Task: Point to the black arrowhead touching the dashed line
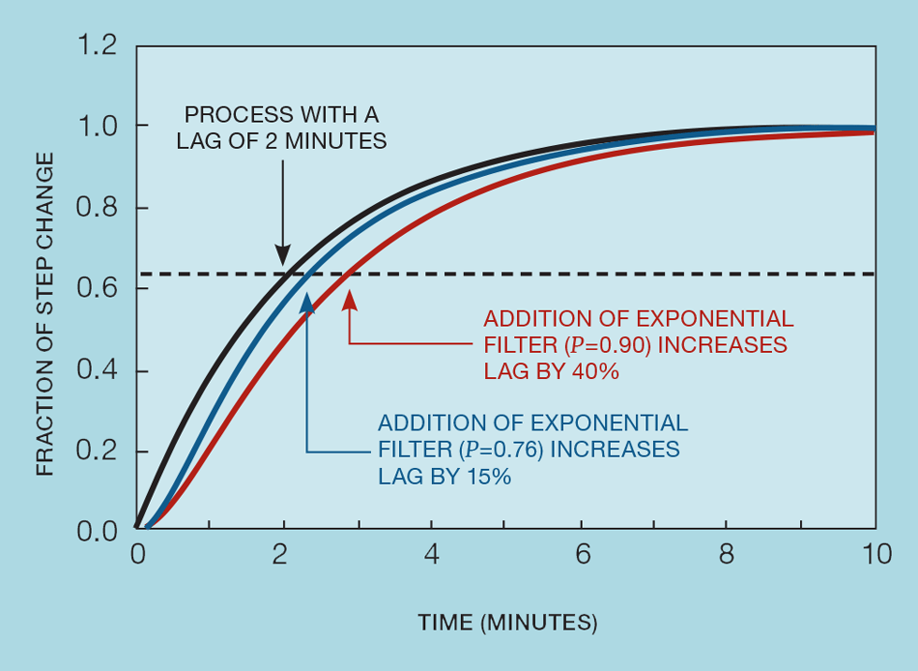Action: point(282,255)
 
